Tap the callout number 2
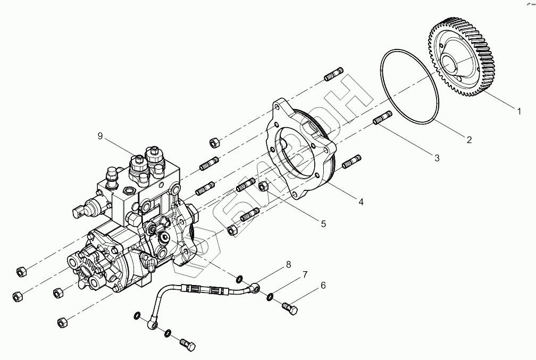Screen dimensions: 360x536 click(x=468, y=140)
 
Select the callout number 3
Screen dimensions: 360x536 click(x=437, y=158)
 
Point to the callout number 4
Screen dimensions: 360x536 click(x=361, y=202)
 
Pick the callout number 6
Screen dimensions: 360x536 click(x=322, y=286)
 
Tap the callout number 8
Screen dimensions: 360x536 click(x=288, y=264)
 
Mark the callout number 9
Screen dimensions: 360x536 click(x=100, y=136)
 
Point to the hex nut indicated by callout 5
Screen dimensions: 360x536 click(x=263, y=186)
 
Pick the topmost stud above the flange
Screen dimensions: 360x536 click(x=334, y=74)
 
